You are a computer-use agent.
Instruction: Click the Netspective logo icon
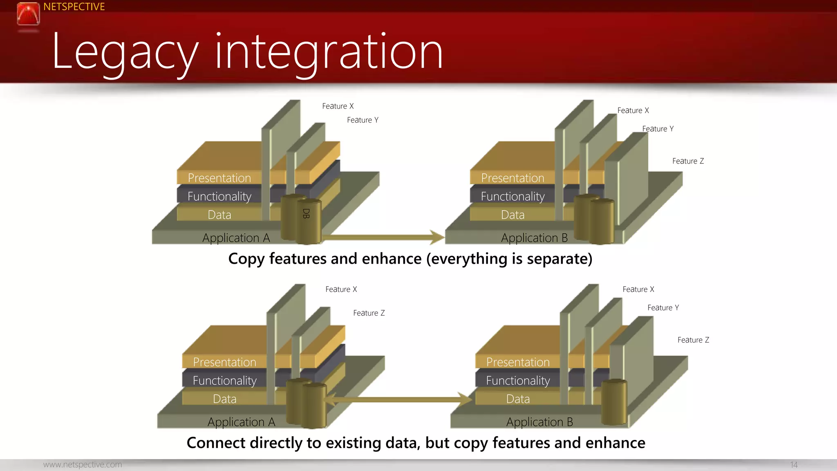tap(28, 14)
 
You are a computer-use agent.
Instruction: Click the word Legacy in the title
tap(125, 52)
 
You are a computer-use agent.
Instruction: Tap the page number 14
tap(794, 465)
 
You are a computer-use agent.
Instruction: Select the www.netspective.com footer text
tap(83, 464)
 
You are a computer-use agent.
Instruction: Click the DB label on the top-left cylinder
tap(306, 213)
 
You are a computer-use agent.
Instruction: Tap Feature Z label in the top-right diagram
tap(688, 161)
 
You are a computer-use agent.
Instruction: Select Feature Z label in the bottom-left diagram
tap(369, 313)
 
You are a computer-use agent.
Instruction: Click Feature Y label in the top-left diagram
tap(363, 120)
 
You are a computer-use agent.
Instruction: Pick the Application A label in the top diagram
tap(236, 238)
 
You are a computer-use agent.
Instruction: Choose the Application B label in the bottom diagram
tap(539, 422)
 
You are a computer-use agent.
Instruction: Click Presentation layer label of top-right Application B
tap(512, 178)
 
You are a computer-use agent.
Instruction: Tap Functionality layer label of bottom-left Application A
tap(224, 381)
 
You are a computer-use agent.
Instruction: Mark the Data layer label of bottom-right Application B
tap(518, 399)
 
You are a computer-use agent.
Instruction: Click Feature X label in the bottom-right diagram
tap(638, 289)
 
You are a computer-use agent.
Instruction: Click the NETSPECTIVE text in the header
tap(74, 7)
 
